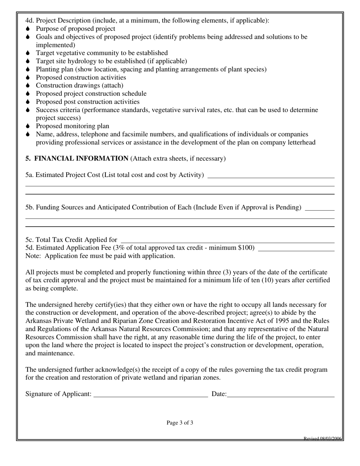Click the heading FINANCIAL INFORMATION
pos(81,158)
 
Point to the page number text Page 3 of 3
pos(180,423)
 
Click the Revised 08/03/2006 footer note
pos(323,439)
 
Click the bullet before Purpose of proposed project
pos(28,29)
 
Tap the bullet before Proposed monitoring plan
pos(28,126)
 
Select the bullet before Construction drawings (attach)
pos(28,86)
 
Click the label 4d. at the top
pos(30,20)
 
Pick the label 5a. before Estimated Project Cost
pos(30,175)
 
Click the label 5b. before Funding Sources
pos(30,207)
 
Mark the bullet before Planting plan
pos(28,69)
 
